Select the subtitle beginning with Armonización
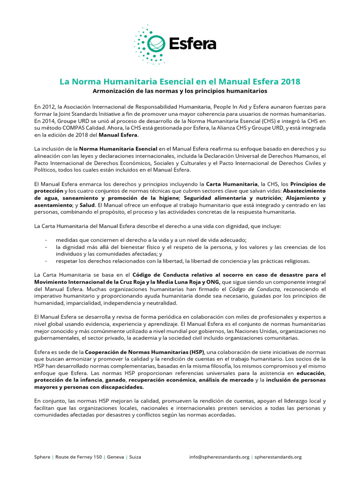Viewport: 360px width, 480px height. (x=180, y=90)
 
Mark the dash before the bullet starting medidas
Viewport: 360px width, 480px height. (x=46, y=240)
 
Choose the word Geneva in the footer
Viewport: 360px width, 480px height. (x=115, y=457)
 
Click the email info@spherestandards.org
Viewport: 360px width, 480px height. (x=219, y=457)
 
